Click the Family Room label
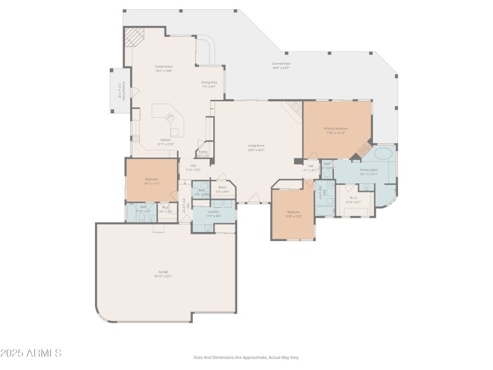(x=163, y=68)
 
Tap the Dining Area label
(x=209, y=84)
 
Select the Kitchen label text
(x=166, y=141)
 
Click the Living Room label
(x=256, y=147)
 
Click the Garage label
(x=163, y=273)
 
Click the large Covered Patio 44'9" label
(x=281, y=65)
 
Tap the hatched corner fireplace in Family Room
(x=132, y=39)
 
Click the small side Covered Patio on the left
(x=120, y=90)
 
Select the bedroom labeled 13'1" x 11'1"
(x=152, y=181)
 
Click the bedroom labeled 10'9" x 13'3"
(x=293, y=214)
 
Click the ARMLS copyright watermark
(x=31, y=353)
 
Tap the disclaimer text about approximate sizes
(x=246, y=357)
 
